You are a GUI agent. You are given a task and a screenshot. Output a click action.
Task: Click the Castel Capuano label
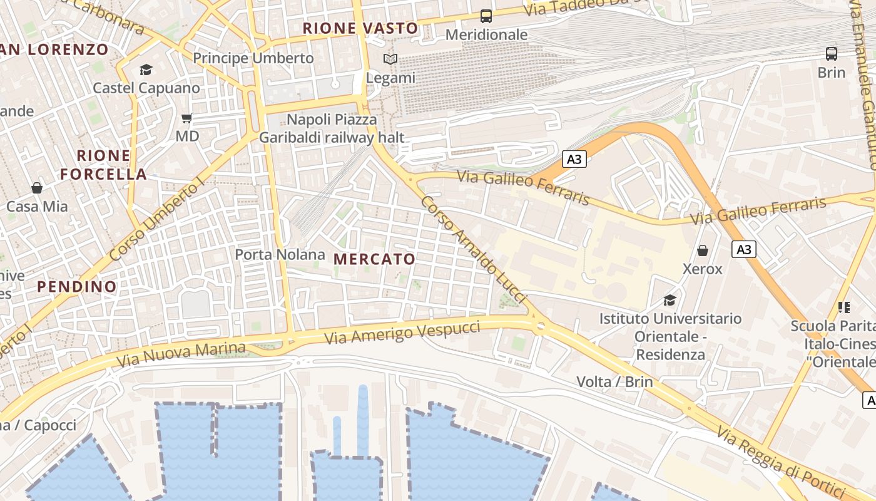(146, 88)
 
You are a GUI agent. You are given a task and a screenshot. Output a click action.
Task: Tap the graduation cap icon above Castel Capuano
(146, 70)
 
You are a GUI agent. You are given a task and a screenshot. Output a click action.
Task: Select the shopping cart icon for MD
(186, 118)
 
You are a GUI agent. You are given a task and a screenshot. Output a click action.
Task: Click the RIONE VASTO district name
(360, 28)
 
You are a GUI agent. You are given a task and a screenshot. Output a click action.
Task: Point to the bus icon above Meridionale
(486, 16)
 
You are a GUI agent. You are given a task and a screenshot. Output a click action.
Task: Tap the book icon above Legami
(390, 59)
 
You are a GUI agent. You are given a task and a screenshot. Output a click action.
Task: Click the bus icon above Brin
(832, 54)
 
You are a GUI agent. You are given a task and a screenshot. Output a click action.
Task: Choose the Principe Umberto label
(253, 58)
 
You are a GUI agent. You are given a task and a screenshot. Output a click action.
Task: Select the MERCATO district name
(374, 259)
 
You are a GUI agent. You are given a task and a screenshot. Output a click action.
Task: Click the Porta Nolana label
(280, 254)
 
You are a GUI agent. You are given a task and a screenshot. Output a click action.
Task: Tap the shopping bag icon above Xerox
(703, 251)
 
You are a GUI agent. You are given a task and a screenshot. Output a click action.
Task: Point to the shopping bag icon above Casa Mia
(37, 188)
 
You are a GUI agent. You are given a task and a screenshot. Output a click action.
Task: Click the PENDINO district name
(77, 287)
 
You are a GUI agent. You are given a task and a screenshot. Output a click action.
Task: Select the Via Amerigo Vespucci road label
(402, 332)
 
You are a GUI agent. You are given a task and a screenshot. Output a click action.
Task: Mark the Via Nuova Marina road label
(181, 355)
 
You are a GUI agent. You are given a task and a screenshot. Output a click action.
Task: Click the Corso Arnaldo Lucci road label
(474, 250)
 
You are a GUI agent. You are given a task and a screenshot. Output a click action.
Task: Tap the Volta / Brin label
(614, 381)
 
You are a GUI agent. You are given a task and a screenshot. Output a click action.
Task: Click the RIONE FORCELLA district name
(104, 165)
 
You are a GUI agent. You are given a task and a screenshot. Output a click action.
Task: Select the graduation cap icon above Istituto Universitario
(670, 299)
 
